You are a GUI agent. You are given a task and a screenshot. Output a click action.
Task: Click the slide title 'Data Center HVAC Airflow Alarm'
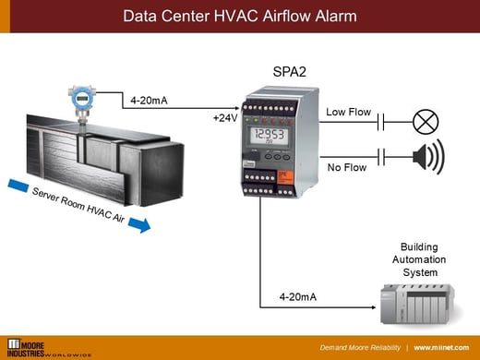click(240, 16)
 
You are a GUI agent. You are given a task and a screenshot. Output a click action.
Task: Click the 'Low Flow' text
click(348, 113)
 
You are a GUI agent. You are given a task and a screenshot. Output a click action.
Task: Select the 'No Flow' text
click(346, 168)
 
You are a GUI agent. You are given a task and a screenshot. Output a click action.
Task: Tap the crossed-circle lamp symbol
click(426, 121)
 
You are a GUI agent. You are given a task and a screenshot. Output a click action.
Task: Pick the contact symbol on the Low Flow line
click(380, 121)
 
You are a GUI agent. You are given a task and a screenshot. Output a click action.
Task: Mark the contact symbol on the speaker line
click(380, 155)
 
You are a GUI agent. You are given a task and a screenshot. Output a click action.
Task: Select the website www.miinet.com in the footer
click(444, 348)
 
